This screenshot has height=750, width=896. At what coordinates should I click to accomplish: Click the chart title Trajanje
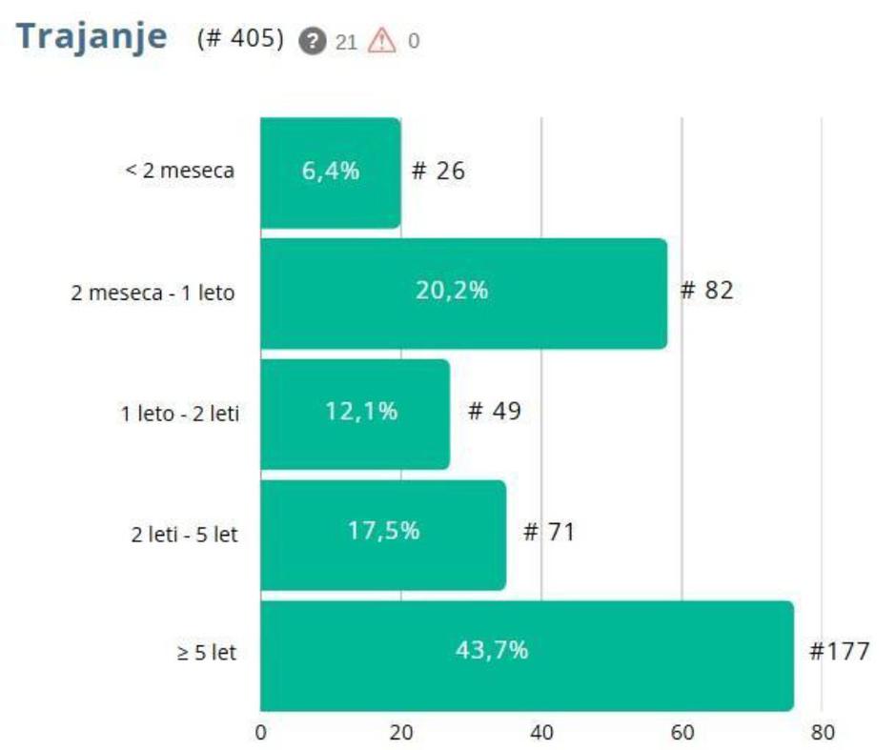tap(92, 37)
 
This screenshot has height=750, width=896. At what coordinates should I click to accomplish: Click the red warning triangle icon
tap(381, 41)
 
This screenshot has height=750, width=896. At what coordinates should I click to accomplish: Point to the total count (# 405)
tap(240, 40)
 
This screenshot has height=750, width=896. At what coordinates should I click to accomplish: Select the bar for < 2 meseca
tap(330, 172)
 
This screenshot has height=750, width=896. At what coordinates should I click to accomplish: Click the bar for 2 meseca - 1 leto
tap(463, 293)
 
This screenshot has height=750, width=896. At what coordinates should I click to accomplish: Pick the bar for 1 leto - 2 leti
tap(355, 413)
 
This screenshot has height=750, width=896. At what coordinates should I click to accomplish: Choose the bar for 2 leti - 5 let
tap(383, 533)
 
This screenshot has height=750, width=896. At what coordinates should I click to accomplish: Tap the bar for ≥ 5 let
tap(526, 654)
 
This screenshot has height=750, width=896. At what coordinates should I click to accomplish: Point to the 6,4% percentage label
tap(331, 172)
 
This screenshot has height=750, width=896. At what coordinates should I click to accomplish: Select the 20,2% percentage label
tap(451, 291)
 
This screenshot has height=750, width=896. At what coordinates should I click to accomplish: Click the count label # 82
tap(706, 291)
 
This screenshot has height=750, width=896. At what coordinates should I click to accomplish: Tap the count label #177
tap(839, 652)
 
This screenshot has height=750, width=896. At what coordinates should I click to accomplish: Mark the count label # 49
tap(495, 411)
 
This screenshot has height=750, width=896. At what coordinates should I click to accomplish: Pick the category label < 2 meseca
tap(180, 172)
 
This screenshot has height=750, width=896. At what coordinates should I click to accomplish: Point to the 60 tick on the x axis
tap(682, 732)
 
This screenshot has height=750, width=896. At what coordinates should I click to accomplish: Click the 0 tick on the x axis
tap(260, 732)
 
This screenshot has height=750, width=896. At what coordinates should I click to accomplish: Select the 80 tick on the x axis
tap(822, 732)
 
